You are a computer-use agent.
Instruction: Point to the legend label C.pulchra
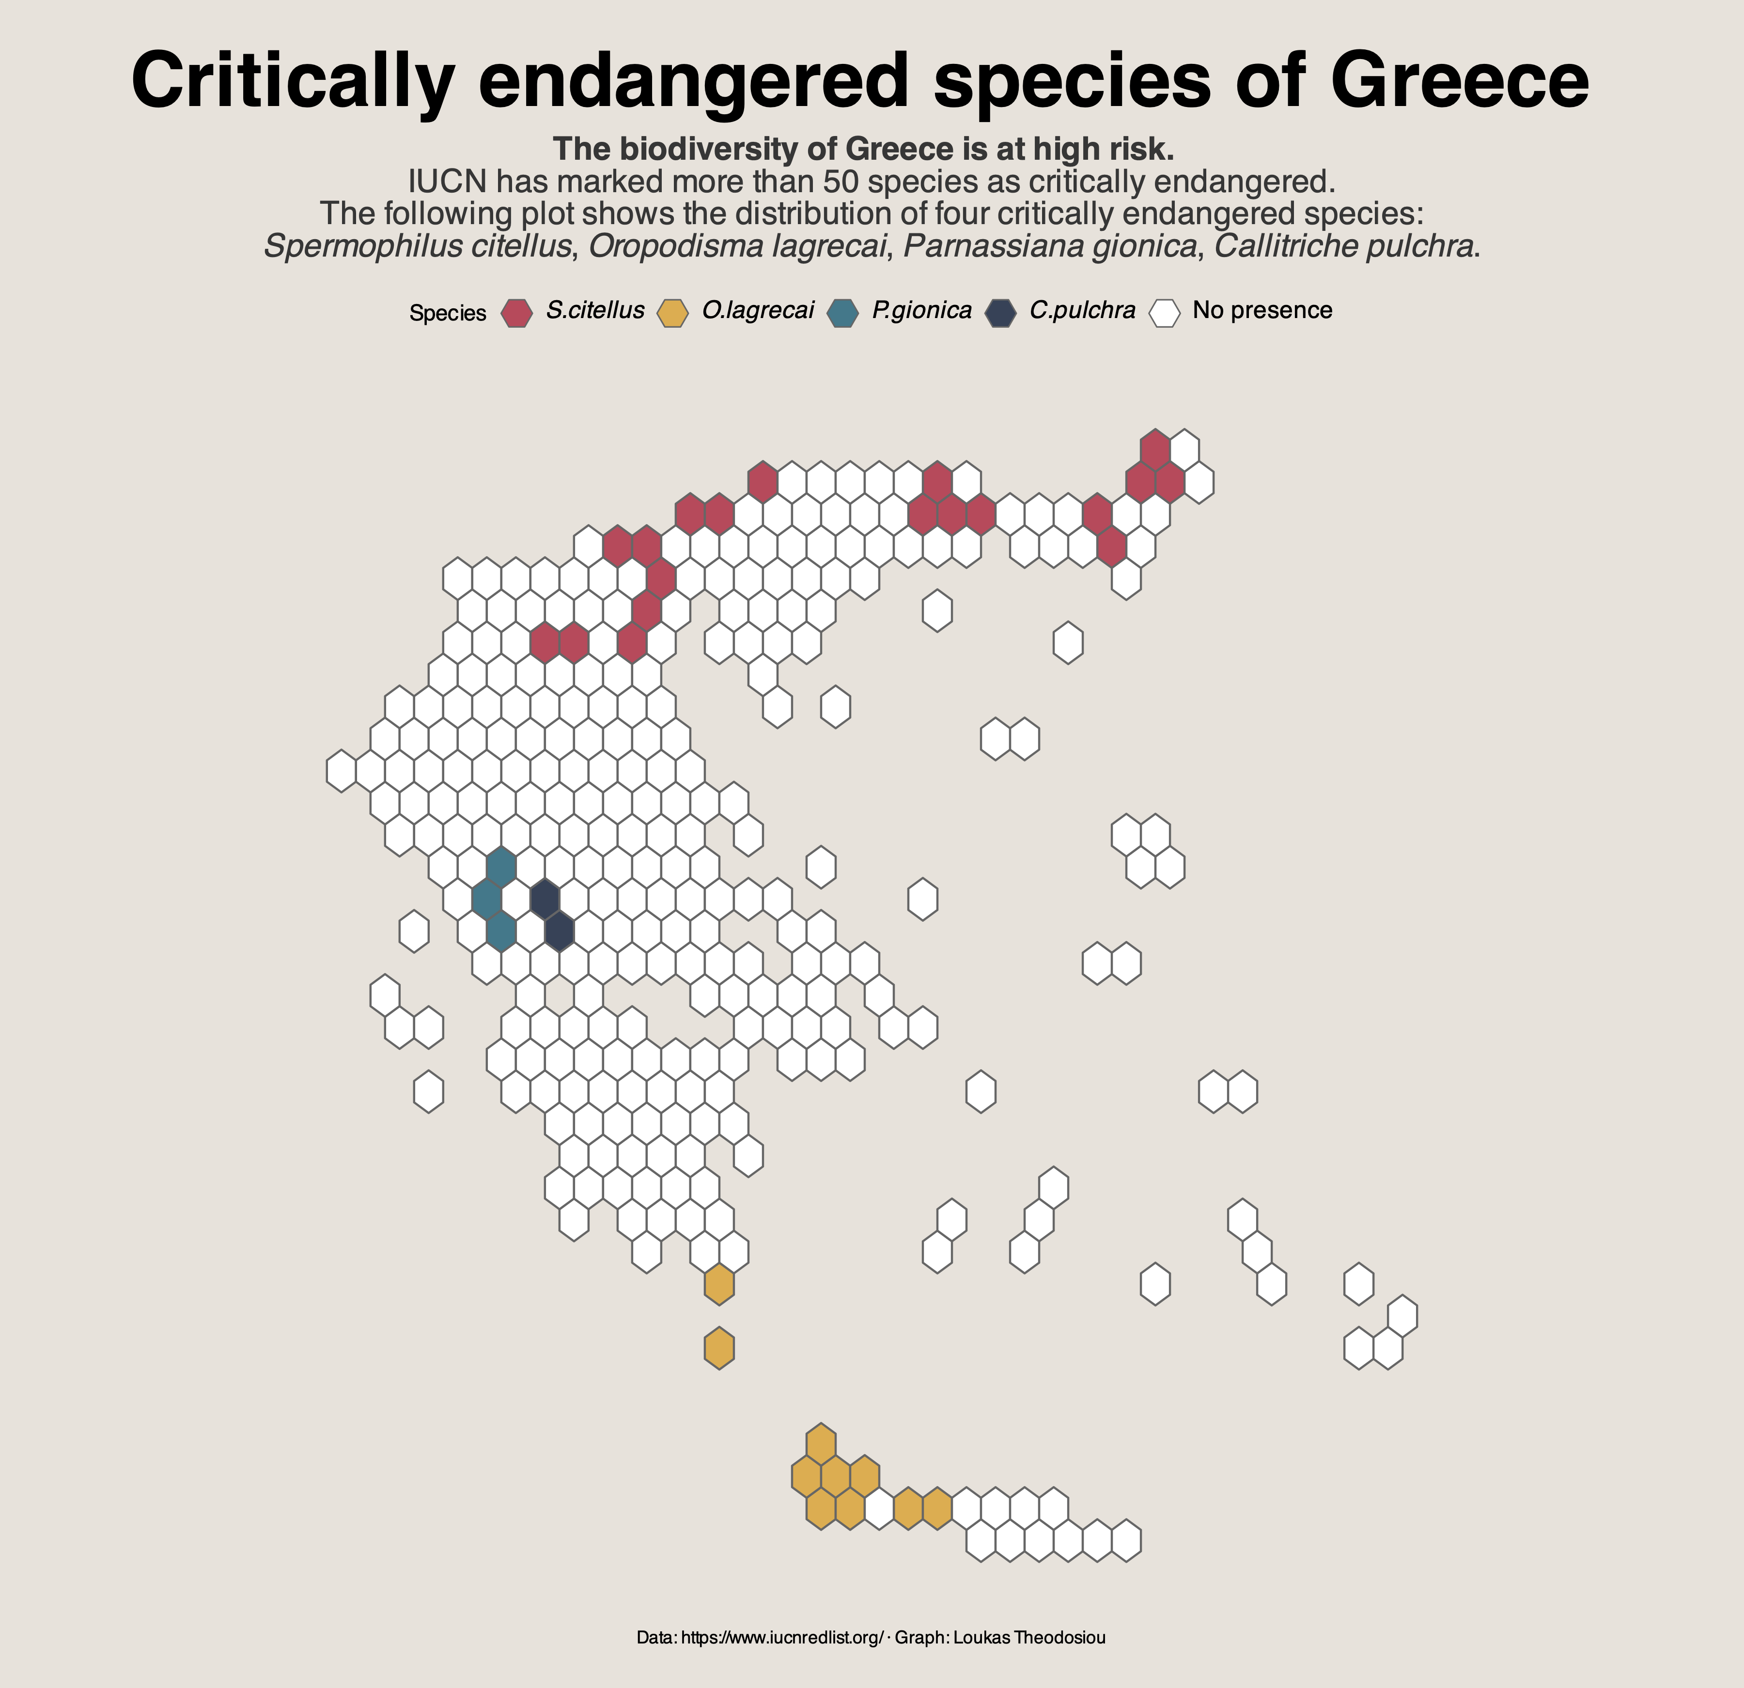(1082, 310)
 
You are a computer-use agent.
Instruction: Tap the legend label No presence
(1261, 310)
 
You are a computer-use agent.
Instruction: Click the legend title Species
(448, 313)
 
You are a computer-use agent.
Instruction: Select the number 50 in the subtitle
(840, 182)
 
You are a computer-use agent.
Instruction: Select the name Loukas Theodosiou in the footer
(1029, 1637)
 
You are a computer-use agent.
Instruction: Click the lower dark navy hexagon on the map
(559, 930)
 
